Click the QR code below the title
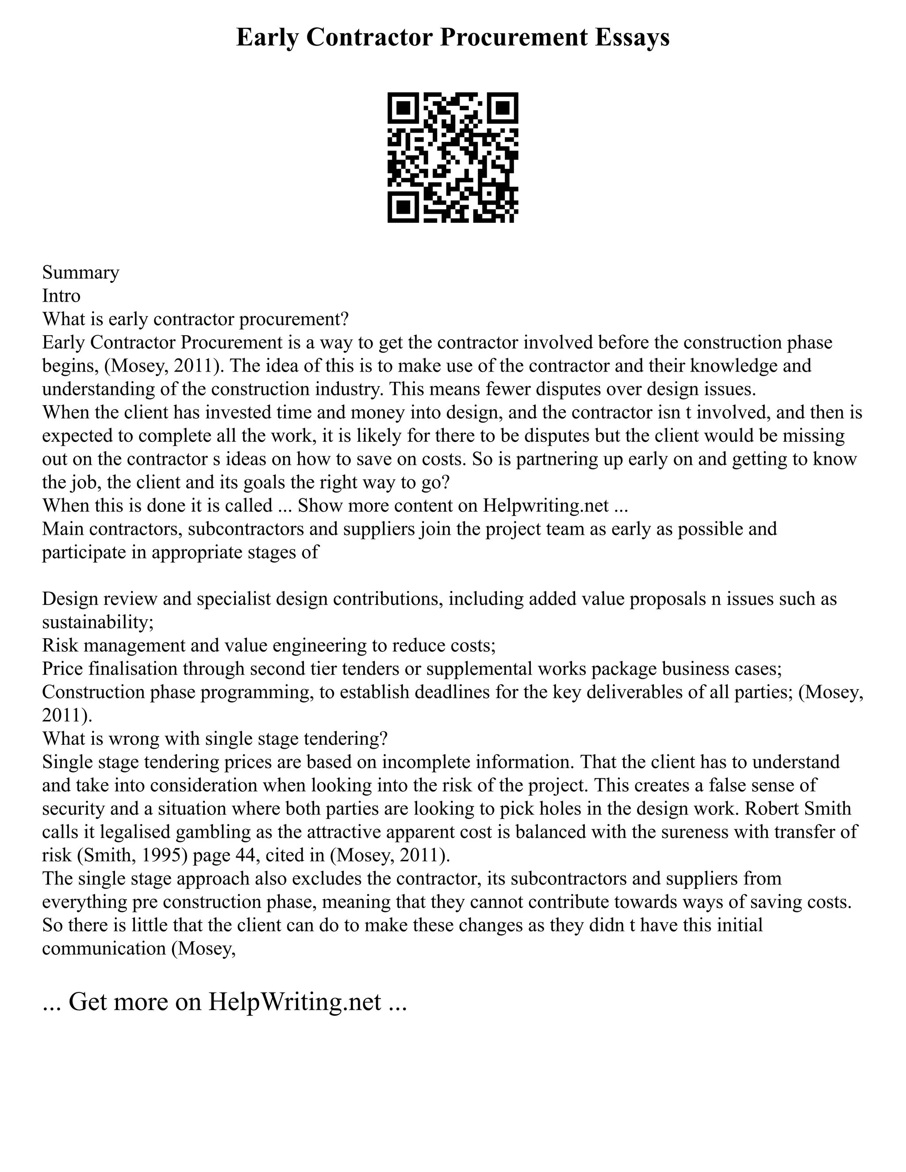pyautogui.click(x=453, y=157)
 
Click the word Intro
pyautogui.click(x=61, y=296)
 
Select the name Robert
pyautogui.click(x=775, y=808)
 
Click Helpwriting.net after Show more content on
pyautogui.click(x=546, y=506)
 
